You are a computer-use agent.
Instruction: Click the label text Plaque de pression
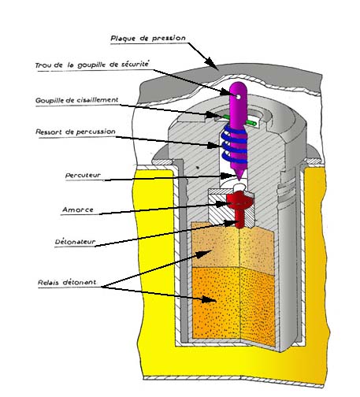pos(148,39)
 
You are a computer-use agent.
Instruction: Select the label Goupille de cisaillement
pos(77,100)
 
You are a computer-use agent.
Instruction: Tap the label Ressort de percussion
pos(76,132)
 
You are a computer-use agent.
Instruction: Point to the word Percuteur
pos(83,175)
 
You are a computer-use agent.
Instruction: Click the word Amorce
pos(78,210)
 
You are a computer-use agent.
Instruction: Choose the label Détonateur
pos(75,242)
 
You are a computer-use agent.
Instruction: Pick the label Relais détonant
pos(67,283)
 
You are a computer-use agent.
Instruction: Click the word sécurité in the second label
pos(135,64)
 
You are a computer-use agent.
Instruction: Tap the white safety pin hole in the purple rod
pos(238,97)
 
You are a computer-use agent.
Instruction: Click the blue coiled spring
pos(235,143)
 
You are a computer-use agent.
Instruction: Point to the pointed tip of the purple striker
pos(239,180)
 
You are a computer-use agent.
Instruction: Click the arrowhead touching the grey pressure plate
pos(211,63)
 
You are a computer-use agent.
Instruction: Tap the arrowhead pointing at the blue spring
pos(214,145)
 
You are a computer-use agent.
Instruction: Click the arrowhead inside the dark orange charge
pos(210,299)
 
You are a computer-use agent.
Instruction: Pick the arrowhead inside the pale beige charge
pos(204,254)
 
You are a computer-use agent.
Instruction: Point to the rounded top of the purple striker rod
pos(238,85)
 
